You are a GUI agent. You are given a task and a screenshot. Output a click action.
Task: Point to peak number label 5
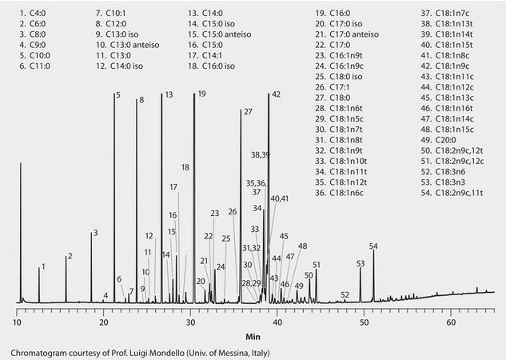click(118, 95)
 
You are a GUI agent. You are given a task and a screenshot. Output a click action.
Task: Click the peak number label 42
click(277, 94)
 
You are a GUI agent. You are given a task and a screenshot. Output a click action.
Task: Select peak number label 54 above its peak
click(373, 245)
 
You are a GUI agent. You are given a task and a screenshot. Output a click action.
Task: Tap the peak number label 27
click(248, 111)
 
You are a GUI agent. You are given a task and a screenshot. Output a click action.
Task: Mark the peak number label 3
click(95, 233)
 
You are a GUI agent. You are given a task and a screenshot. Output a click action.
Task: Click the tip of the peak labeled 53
click(360, 268)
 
